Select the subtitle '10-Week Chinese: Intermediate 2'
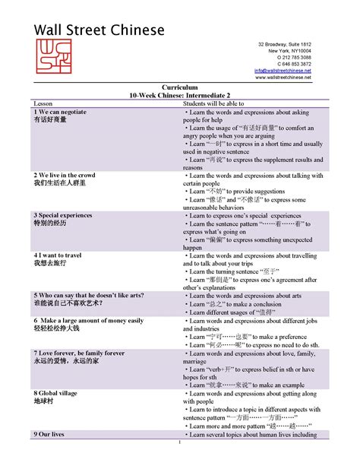click(180, 96)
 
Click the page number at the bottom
click(180, 443)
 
